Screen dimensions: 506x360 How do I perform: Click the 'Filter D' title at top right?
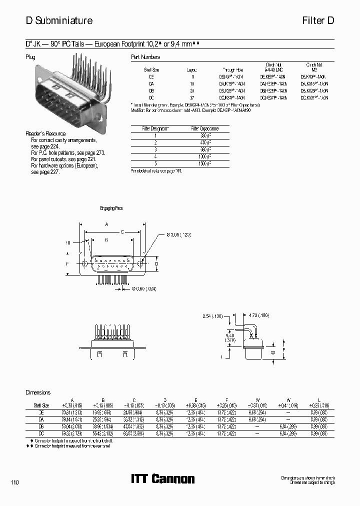(319, 20)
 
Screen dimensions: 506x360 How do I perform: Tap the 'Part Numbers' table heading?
(145, 57)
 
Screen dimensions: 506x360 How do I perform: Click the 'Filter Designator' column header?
(155, 128)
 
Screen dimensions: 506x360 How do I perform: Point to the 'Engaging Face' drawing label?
(111, 208)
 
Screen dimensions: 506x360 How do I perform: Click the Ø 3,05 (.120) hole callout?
(177, 234)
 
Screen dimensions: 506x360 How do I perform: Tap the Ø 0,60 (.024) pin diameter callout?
(145, 288)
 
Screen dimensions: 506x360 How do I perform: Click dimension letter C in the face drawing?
(122, 232)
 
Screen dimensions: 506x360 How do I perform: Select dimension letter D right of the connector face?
(156, 263)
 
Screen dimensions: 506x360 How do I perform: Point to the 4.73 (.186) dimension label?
(258, 315)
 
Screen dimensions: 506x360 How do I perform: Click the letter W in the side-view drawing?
(273, 353)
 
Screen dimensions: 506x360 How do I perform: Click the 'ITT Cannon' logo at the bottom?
(162, 479)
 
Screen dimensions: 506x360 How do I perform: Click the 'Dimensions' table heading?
(38, 393)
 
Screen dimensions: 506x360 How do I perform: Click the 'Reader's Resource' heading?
(46, 134)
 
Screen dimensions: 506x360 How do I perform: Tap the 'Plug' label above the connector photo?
(30, 57)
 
